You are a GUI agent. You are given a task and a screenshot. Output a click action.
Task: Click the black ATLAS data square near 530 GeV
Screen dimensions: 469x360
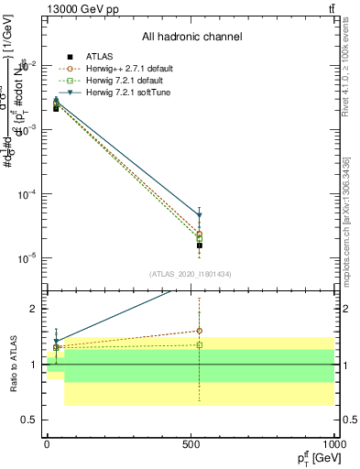(199, 245)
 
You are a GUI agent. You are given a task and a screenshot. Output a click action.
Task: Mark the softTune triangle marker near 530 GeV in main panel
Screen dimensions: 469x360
(199, 216)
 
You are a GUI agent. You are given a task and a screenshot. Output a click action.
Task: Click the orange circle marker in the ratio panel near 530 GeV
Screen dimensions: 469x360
(199, 331)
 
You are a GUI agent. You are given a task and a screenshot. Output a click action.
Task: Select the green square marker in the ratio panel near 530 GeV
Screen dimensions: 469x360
(199, 345)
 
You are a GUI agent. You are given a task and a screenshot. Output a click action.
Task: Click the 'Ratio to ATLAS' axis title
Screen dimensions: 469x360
(13, 364)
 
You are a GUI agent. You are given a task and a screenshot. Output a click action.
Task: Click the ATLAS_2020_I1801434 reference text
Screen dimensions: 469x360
(191, 274)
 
